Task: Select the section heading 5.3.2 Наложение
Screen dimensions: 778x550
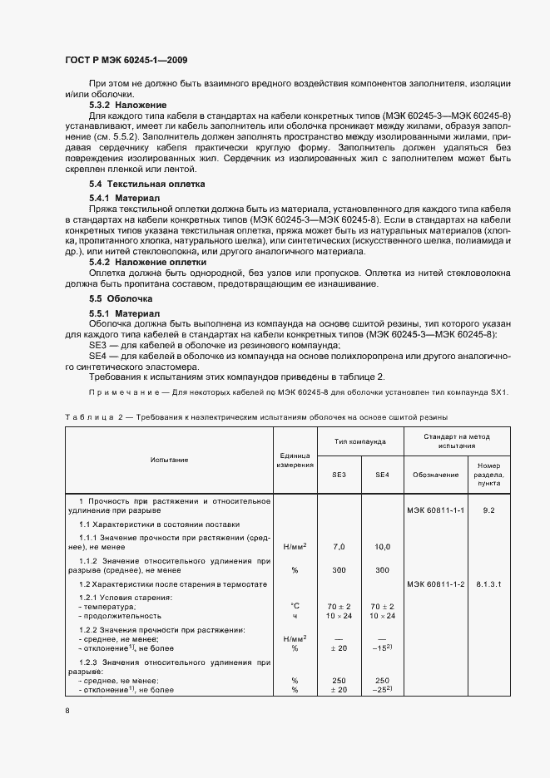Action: click(x=128, y=106)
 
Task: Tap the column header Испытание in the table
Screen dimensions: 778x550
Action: click(x=169, y=459)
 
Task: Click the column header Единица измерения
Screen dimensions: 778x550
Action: click(x=295, y=459)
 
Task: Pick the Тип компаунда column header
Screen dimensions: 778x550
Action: click(x=360, y=441)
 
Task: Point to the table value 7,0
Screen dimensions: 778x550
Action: click(x=339, y=546)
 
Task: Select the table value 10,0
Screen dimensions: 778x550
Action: click(x=382, y=546)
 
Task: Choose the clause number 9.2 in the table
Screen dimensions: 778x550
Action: click(x=488, y=510)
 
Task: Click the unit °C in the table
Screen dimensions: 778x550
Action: click(x=295, y=606)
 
